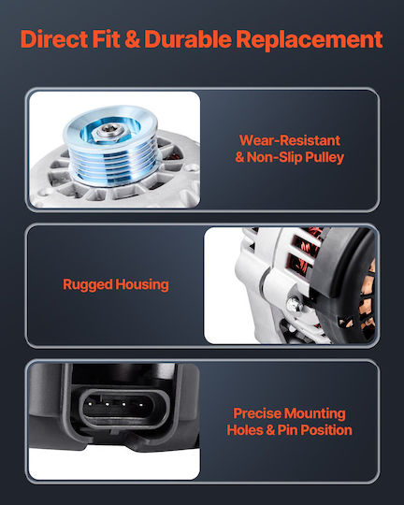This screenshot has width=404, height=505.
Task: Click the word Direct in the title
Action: point(54,39)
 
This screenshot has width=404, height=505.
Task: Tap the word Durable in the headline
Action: point(188,39)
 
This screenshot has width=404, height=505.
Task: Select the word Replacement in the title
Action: point(310,40)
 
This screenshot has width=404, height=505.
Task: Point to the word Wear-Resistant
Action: point(290,140)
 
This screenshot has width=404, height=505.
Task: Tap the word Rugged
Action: point(88,285)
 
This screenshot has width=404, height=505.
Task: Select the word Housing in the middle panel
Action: point(142,285)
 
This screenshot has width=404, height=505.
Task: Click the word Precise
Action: point(257,413)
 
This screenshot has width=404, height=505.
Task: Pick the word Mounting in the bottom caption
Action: point(315,414)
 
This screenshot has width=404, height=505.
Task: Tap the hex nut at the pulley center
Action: point(108,132)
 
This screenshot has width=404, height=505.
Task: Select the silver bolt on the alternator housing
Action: point(295,304)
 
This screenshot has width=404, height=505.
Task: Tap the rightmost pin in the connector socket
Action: point(141,404)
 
